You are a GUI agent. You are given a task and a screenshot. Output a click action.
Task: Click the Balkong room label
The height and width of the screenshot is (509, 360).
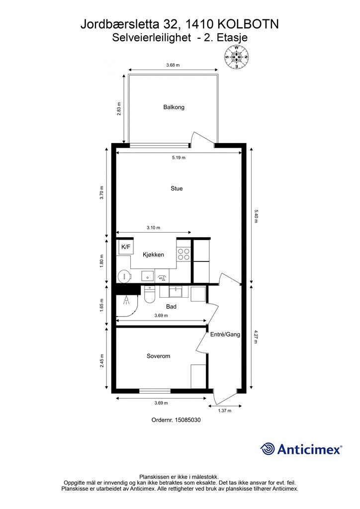[x=174, y=107]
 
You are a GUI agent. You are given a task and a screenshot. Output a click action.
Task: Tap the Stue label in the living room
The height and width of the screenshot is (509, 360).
[x=177, y=188]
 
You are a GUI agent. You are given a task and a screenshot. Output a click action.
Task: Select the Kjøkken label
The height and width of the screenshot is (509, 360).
[x=153, y=254]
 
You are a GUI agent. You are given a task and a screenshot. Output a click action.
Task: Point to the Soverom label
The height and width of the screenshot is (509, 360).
[x=158, y=356]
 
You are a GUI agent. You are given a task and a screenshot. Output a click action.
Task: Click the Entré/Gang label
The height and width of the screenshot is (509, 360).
[x=225, y=335]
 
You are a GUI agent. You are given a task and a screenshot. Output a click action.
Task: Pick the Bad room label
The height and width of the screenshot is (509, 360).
[x=171, y=306]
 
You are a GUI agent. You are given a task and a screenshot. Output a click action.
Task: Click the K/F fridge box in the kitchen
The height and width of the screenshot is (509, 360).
[x=126, y=247]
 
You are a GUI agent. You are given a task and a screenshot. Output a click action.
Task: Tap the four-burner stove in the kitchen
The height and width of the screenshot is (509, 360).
[x=184, y=254]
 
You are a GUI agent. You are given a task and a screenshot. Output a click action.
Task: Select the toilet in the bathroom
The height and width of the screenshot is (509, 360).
[x=150, y=294]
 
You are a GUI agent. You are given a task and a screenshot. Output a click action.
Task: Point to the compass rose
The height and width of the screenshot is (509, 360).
[x=237, y=57]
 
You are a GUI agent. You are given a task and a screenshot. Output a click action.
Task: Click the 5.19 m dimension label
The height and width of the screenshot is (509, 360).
[x=179, y=158]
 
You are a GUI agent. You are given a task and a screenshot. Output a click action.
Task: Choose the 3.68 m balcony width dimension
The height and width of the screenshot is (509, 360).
[x=173, y=65]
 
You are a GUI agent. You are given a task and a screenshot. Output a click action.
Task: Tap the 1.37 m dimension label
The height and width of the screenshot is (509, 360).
[x=225, y=411]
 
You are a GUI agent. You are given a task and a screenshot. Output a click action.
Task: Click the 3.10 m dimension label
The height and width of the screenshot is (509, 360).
[x=153, y=228]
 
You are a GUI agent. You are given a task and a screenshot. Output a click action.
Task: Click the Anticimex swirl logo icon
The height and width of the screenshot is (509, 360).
[x=268, y=449]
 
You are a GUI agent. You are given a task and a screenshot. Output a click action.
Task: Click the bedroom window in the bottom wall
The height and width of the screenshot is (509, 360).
[x=155, y=391]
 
